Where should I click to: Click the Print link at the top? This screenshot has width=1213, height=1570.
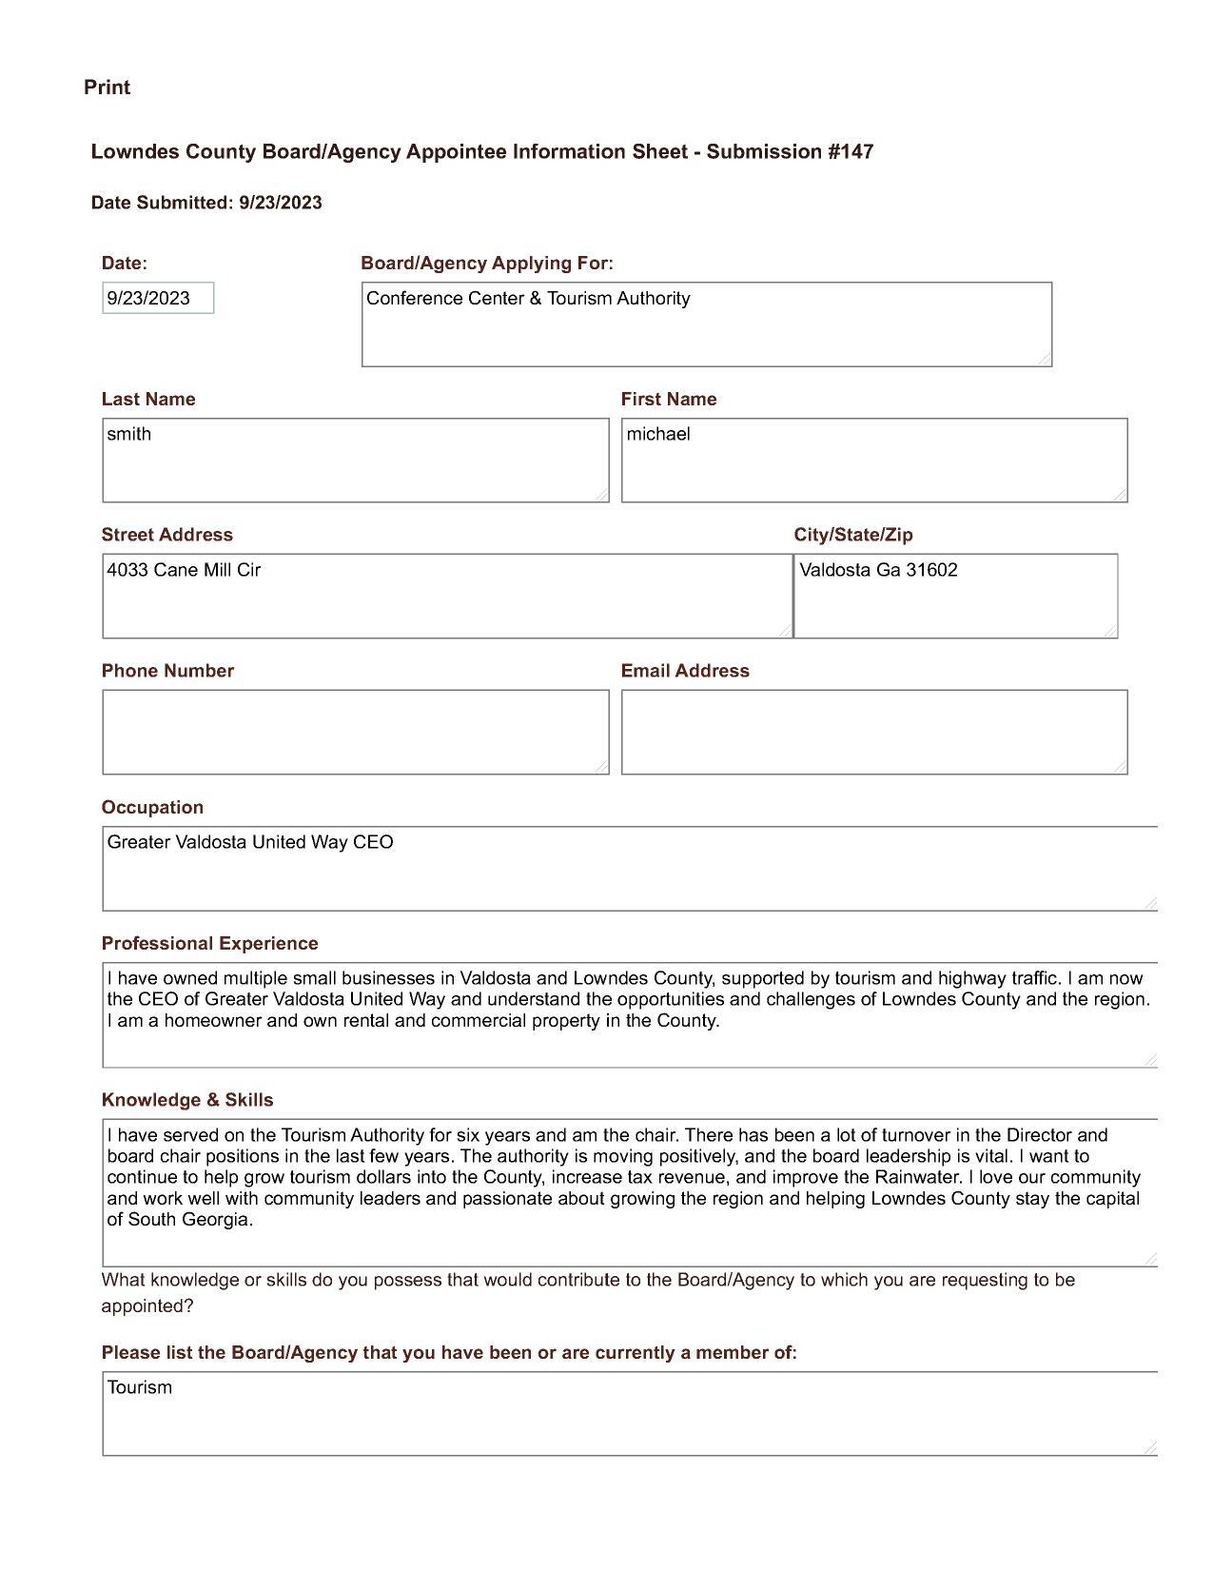click(107, 88)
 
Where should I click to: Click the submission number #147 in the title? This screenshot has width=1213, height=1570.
click(851, 152)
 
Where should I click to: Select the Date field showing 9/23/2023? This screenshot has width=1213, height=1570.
click(158, 299)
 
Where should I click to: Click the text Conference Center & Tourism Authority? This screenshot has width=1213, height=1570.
click(528, 299)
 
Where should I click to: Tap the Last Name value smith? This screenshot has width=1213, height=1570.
click(129, 435)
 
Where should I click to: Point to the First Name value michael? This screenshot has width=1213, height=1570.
click(658, 435)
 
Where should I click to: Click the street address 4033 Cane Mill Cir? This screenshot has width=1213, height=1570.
click(184, 571)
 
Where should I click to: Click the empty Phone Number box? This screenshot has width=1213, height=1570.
click(355, 732)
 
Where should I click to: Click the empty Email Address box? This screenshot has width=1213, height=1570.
click(873, 732)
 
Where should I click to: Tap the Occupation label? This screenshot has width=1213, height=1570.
click(152, 808)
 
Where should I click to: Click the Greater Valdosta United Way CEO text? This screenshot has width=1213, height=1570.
click(250, 843)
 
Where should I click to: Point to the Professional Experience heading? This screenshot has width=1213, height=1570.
click(209, 944)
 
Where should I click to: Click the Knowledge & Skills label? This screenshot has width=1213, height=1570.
click(187, 1101)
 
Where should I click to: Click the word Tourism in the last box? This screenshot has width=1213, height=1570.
click(140, 1388)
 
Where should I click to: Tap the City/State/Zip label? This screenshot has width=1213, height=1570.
click(853, 535)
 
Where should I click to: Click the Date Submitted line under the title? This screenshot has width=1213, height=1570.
click(206, 203)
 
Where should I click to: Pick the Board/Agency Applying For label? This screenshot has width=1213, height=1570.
click(487, 264)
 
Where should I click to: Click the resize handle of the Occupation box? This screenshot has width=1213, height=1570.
click(1150, 903)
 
